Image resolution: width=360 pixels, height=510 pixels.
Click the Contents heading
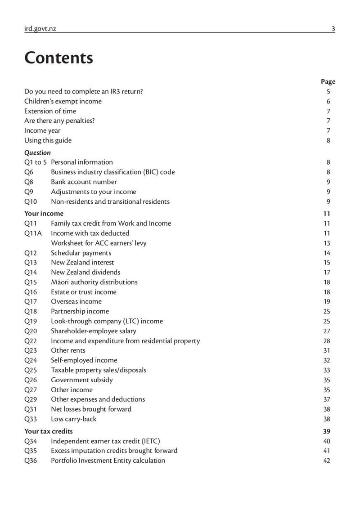tap(58, 58)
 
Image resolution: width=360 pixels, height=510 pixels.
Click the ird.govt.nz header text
tap(40, 29)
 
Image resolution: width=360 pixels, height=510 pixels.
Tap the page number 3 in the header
tap(333, 29)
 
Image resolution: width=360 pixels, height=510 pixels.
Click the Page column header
tap(328, 81)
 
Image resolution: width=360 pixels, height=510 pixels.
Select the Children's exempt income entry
tap(63, 101)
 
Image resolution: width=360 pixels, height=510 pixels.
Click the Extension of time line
tap(50, 111)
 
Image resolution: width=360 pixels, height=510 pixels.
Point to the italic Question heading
tap(37, 152)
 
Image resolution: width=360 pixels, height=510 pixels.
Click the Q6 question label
tap(29, 172)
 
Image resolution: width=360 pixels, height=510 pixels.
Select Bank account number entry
tap(84, 182)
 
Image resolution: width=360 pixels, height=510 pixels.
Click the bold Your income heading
tap(44, 214)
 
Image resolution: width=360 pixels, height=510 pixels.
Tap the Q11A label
tap(32, 233)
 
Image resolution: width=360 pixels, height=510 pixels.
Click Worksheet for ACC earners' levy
tap(99, 243)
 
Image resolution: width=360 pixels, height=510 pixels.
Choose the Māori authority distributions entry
tap(94, 282)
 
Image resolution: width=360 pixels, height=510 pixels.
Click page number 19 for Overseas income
tap(327, 301)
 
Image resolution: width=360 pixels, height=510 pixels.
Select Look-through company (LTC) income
tap(107, 321)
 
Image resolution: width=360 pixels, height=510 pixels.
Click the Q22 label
tap(31, 341)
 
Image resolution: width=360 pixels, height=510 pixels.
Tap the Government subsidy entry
tap(81, 380)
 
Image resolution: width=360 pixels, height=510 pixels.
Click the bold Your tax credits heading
tap(48, 431)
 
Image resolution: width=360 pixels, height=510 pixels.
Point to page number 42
tap(327, 461)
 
